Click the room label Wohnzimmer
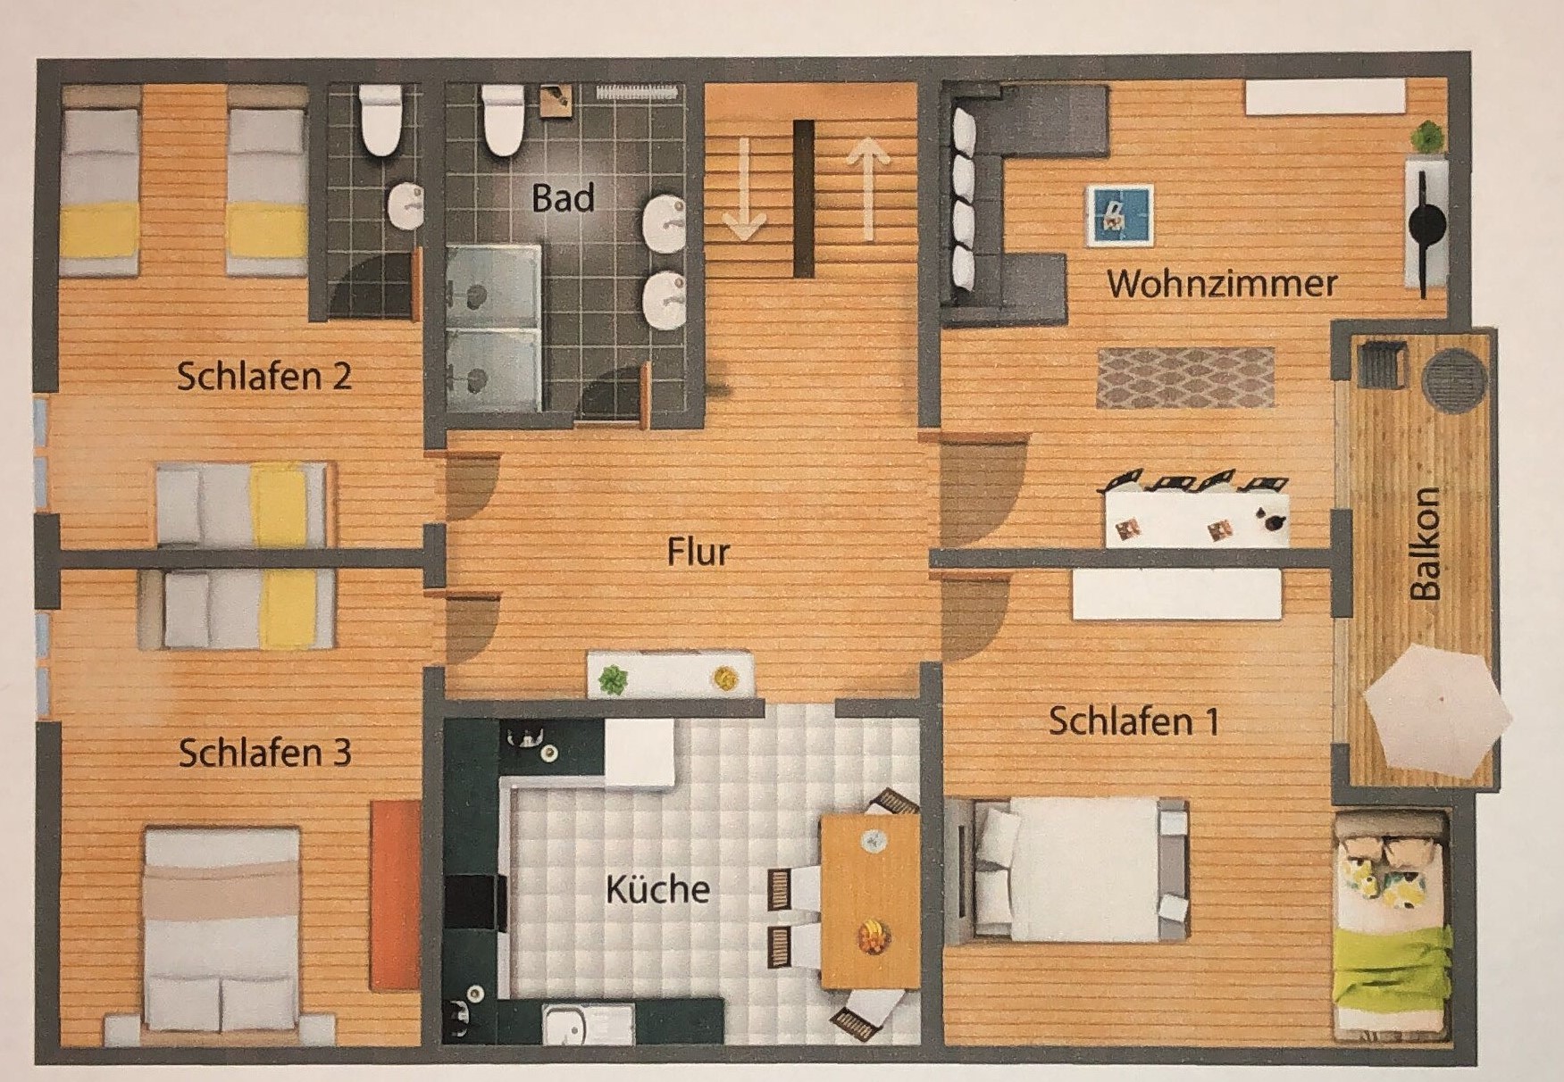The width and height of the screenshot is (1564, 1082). point(1222,284)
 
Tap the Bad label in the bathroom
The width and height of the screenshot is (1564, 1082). point(563,197)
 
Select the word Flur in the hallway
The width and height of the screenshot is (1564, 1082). point(698,552)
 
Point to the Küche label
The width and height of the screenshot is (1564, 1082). point(657,889)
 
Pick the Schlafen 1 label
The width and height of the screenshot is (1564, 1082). point(1134,721)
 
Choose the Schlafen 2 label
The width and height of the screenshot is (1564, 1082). point(264,376)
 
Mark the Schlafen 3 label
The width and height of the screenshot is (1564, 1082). point(265,753)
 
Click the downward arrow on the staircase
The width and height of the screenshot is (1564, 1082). point(744,189)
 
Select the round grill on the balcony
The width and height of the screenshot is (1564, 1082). point(1454,379)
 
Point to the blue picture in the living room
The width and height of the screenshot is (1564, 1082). point(1119,214)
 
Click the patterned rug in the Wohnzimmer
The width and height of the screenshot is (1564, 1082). point(1185,379)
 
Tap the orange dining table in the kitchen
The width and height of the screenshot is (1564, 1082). point(870,900)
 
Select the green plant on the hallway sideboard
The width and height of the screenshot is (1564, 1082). point(612,680)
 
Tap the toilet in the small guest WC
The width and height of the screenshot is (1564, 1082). point(381,120)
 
